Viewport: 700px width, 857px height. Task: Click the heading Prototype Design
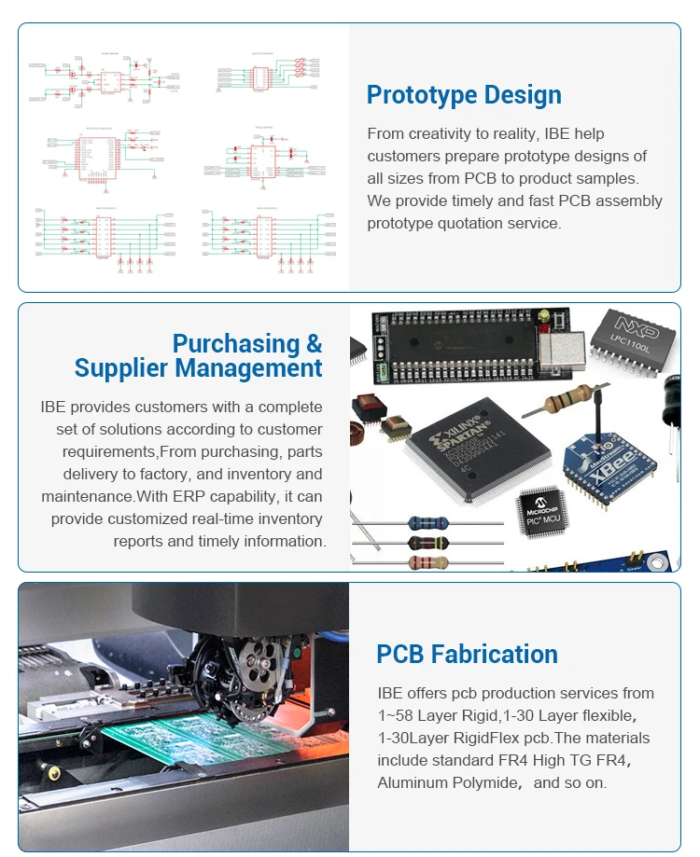[x=464, y=95]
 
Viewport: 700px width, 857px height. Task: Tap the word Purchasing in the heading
[x=234, y=343]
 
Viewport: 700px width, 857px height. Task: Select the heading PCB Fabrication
[x=467, y=655]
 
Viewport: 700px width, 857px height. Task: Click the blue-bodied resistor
[x=428, y=522]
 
